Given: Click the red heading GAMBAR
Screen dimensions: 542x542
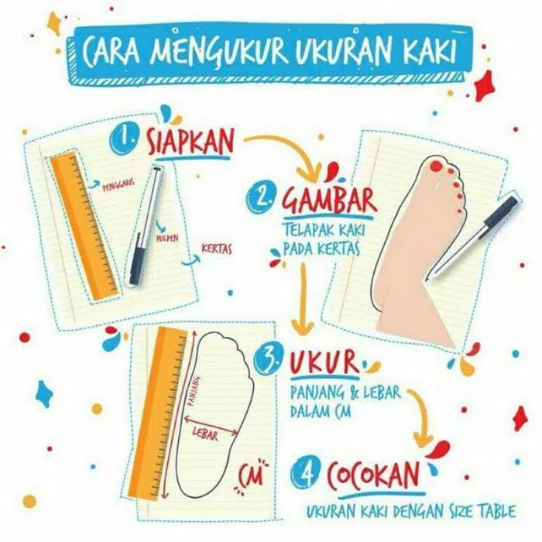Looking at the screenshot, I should point(329,200).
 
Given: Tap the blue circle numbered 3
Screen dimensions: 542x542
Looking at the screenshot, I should point(271,358).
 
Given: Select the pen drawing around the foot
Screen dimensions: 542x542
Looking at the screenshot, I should point(474,236).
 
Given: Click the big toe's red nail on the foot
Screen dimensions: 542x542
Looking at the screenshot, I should point(436,166).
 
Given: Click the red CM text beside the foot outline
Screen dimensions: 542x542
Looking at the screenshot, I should point(250,472).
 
